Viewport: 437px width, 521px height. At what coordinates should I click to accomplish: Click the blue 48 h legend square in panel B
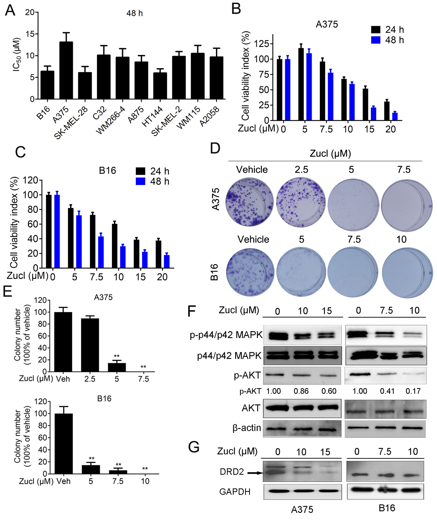(x=376, y=40)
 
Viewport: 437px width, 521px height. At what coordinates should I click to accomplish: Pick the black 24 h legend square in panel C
(x=140, y=171)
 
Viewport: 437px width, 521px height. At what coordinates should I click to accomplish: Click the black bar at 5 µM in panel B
(x=301, y=84)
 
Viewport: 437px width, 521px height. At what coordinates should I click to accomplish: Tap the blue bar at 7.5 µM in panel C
(x=101, y=252)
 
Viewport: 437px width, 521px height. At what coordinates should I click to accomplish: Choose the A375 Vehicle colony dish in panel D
(x=249, y=202)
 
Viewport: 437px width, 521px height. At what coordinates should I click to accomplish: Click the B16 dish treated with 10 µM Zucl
(x=407, y=272)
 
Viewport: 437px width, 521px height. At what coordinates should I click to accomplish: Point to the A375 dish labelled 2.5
(x=301, y=202)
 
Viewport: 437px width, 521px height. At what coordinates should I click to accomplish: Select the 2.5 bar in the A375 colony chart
(x=90, y=345)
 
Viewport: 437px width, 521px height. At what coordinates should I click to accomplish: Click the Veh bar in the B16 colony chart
(x=64, y=443)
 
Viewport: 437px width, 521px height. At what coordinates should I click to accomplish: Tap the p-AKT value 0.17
(x=413, y=391)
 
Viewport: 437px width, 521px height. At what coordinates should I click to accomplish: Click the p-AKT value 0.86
(x=301, y=391)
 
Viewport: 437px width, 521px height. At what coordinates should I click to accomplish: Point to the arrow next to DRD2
(x=255, y=473)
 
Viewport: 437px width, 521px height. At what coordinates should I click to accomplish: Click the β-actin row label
(x=246, y=428)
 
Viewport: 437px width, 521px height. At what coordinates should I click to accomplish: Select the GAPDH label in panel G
(x=235, y=492)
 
